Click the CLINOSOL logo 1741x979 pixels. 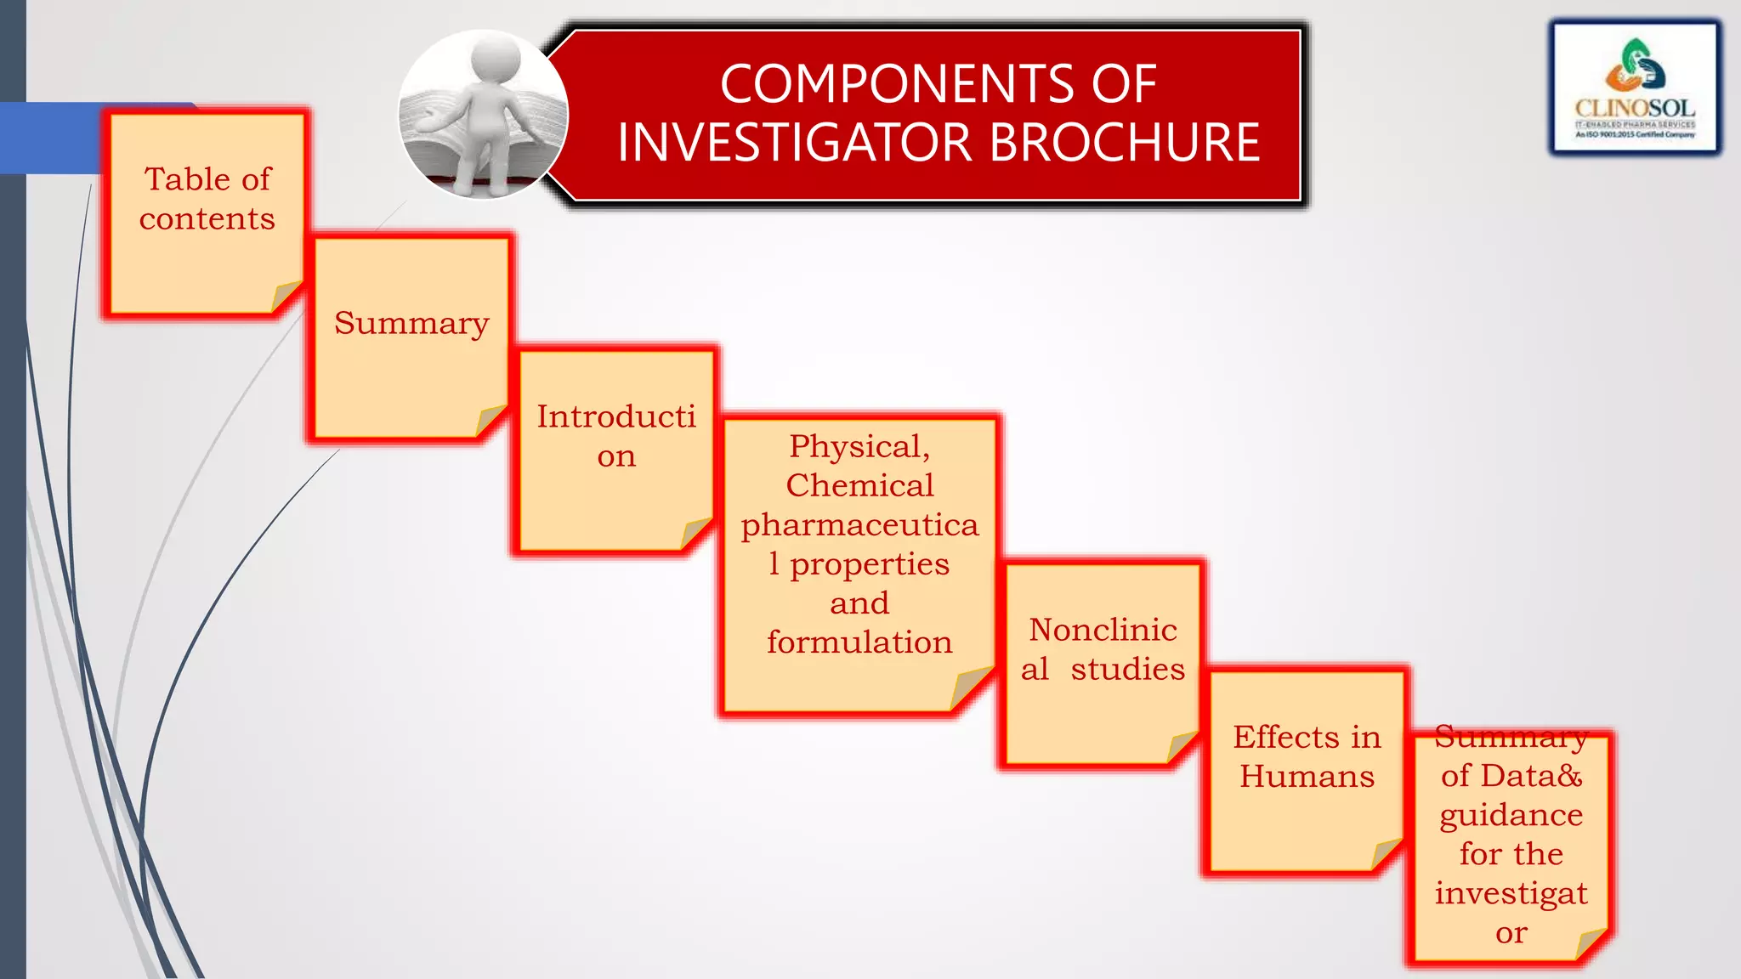point(1635,88)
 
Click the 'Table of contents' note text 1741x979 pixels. point(207,199)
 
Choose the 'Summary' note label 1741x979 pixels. point(411,323)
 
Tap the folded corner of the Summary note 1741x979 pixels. point(491,420)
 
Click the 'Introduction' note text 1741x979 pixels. point(616,435)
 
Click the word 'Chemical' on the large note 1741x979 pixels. point(859,485)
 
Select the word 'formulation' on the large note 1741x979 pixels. point(859,642)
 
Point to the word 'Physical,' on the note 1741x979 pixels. point(859,446)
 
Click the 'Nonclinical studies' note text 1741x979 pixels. point(1103,649)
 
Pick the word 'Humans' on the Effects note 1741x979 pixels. point(1307,777)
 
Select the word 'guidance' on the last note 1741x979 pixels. point(1511,815)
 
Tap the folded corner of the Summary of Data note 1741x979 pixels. point(1591,943)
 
